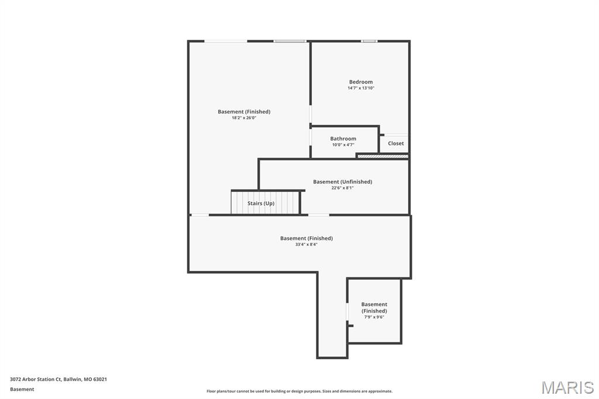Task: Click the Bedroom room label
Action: coord(361,82)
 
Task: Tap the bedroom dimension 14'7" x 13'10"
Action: coord(361,88)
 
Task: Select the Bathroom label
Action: coord(343,139)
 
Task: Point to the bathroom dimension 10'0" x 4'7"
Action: coord(343,145)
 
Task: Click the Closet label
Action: coord(395,143)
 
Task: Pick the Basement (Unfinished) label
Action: coord(342,182)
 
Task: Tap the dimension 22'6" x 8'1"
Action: coord(342,188)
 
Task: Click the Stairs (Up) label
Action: coord(261,204)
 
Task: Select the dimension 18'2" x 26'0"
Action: coord(244,118)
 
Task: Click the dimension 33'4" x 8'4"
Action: coord(306,245)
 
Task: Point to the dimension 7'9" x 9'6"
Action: coord(374,317)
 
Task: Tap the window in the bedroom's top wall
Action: coord(369,41)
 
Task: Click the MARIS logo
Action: coord(567,387)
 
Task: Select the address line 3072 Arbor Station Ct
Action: coord(58,379)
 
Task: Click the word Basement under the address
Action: coord(22,389)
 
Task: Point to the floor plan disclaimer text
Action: coord(299,391)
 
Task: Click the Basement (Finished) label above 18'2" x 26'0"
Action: coord(244,112)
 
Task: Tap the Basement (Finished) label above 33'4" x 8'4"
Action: coord(306,238)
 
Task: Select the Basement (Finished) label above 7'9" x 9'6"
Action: coord(374,308)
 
